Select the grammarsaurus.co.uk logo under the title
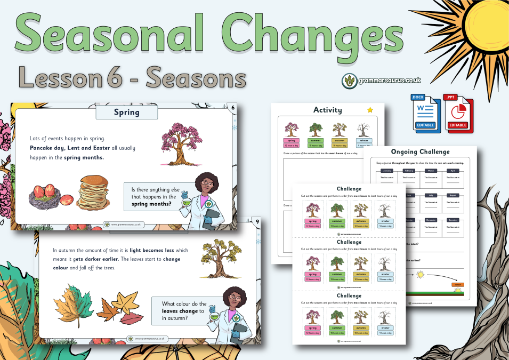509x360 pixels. coord(381,80)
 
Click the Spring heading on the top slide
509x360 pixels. coord(127,113)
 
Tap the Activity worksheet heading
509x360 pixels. coord(327,110)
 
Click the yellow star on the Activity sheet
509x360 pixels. coord(370,110)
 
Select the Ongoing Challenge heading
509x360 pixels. coord(419,151)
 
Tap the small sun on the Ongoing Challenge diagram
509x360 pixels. coord(421,274)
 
